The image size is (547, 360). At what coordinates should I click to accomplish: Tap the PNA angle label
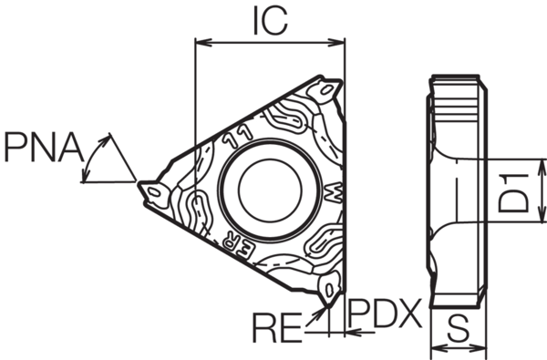(x=40, y=146)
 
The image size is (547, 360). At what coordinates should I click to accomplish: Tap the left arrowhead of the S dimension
(x=436, y=348)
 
